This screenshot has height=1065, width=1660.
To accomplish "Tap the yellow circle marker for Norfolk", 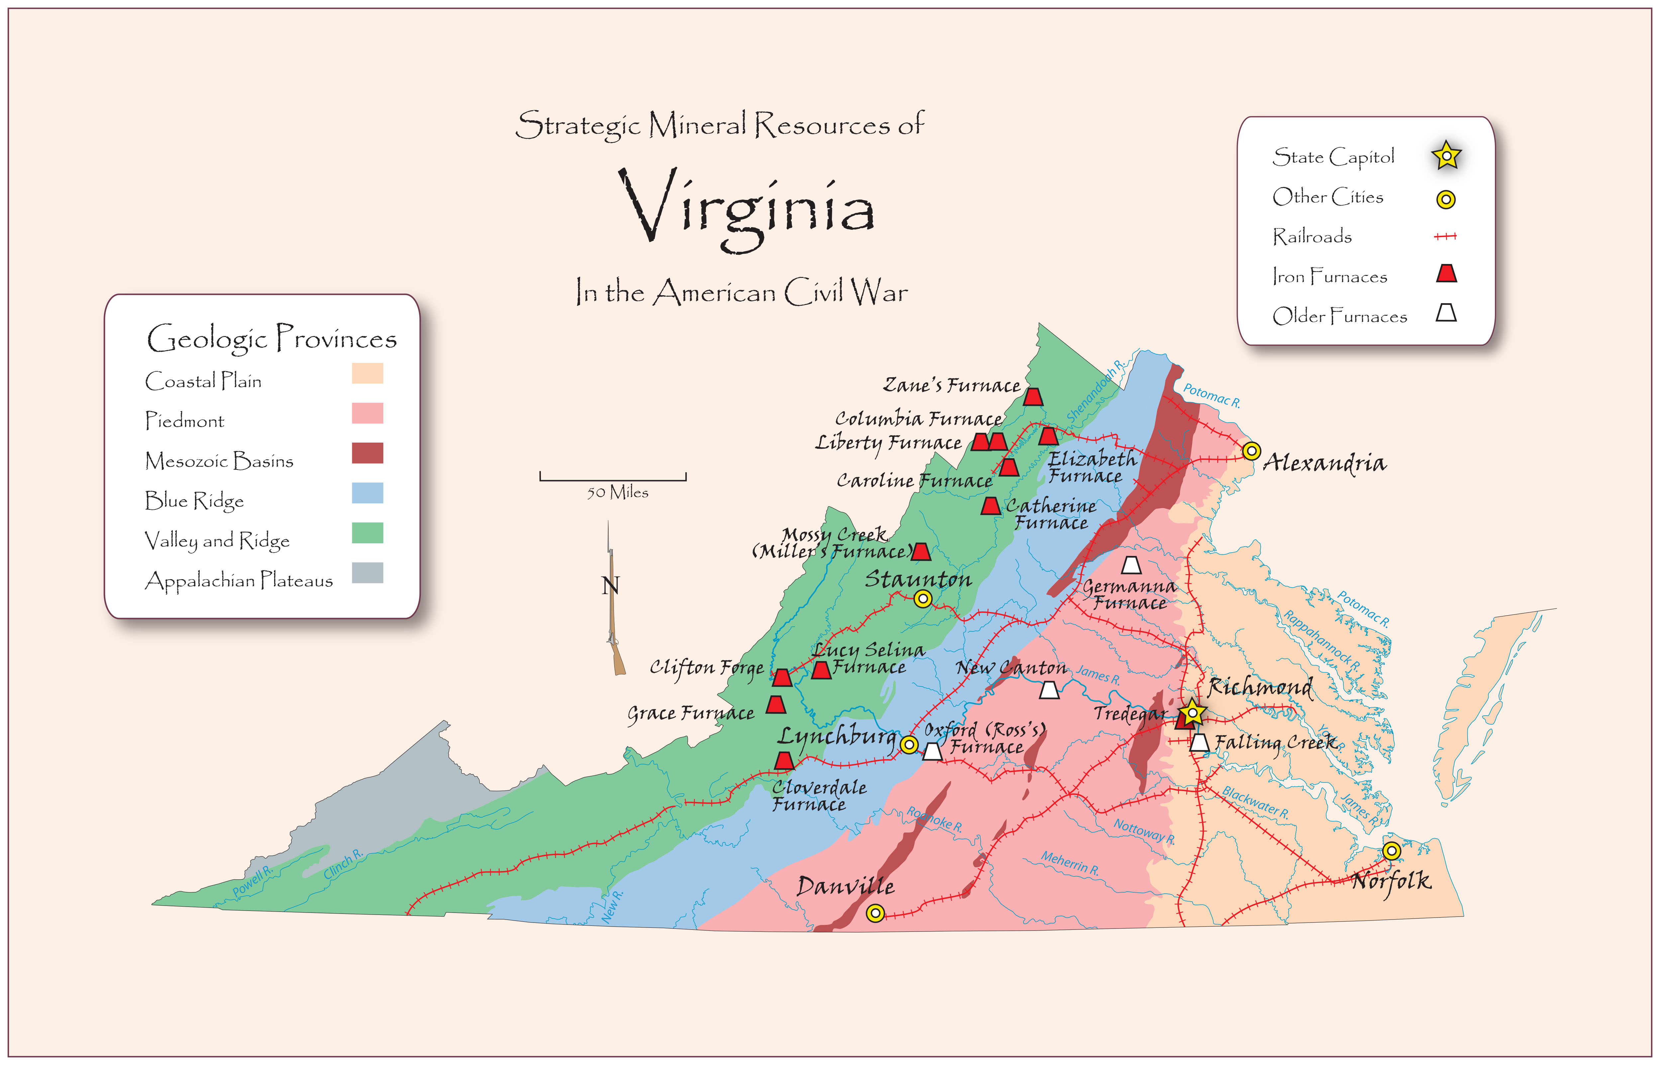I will [x=1392, y=850].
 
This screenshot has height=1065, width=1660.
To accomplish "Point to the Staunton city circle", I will [x=923, y=599].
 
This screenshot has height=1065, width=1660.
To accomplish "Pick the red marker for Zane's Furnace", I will [x=1033, y=397].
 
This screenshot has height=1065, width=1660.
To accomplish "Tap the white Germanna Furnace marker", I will [x=1131, y=566].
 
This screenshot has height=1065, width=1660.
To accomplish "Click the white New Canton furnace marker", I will [x=1049, y=690].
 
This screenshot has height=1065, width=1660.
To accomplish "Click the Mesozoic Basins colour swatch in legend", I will [x=367, y=454].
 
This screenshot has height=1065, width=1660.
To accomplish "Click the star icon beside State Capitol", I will [x=1446, y=156].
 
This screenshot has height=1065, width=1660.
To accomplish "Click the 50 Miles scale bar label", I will [x=618, y=492].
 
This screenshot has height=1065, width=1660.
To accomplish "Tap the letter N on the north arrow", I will [x=610, y=586].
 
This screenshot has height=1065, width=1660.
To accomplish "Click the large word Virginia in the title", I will [x=747, y=208].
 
